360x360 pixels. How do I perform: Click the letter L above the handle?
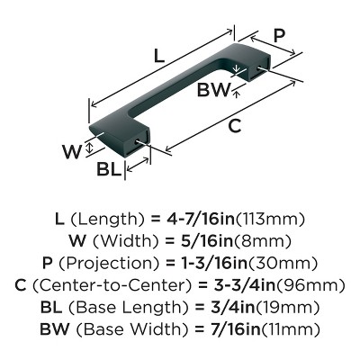159,56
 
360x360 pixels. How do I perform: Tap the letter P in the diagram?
279,36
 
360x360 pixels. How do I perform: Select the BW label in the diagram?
213,89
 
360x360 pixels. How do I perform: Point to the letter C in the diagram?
234,126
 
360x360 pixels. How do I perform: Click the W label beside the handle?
72,152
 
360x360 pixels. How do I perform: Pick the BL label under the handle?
109,170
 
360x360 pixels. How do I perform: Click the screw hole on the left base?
139,142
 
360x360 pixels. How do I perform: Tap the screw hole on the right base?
259,68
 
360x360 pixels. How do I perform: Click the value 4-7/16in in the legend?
201,220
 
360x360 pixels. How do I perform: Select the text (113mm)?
271,220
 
